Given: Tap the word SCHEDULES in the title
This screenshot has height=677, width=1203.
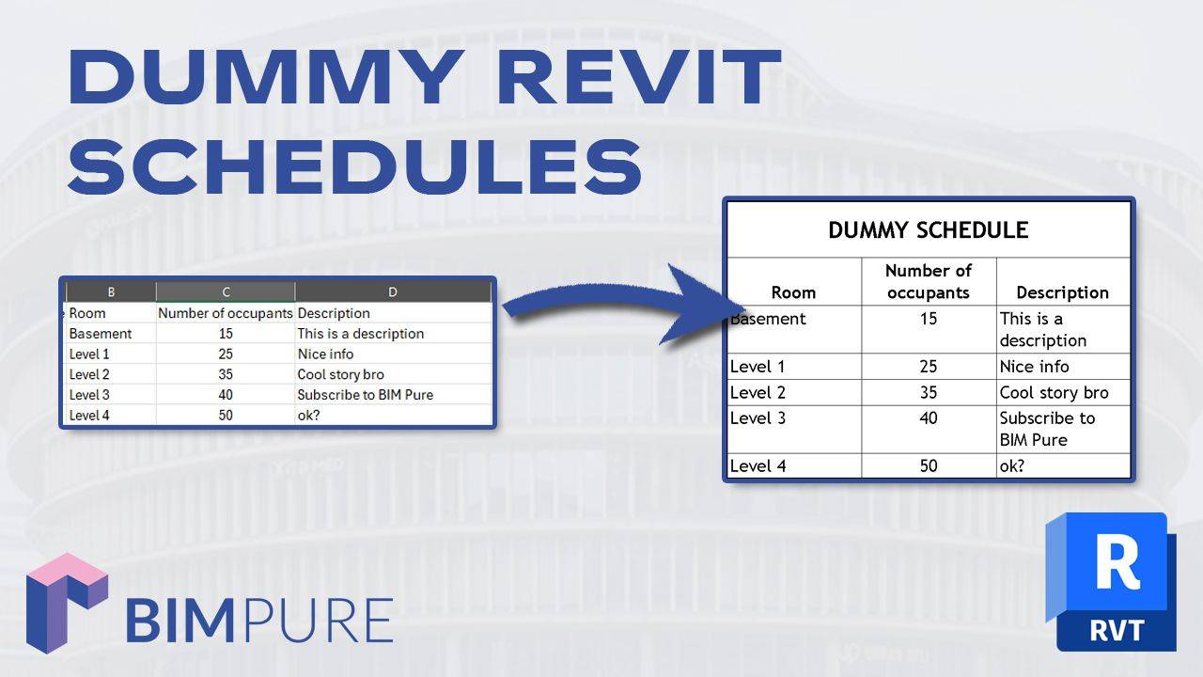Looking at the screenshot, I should tap(355, 165).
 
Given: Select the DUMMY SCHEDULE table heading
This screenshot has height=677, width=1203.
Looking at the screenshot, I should tap(928, 230).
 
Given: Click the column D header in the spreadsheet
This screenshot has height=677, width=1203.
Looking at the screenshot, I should tap(393, 292).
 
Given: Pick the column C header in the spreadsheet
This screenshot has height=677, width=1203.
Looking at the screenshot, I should tap(226, 292).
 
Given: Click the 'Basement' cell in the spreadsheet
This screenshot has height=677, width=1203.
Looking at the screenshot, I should tap(101, 334).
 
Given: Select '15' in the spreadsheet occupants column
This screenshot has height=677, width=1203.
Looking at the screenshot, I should tap(225, 334).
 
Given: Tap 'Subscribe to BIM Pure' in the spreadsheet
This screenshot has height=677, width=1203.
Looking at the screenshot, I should tap(365, 395).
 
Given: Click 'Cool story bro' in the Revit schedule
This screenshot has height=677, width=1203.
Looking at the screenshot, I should tap(1054, 393).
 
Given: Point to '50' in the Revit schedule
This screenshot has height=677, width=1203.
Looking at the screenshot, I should tap(929, 466).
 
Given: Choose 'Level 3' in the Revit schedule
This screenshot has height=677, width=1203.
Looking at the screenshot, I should tap(758, 418).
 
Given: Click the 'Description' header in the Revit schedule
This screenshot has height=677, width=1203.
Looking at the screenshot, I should tap(1062, 292).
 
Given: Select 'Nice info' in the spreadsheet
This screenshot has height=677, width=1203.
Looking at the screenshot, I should tap(325, 354).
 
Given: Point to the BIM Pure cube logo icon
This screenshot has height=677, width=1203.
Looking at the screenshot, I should tap(66, 603).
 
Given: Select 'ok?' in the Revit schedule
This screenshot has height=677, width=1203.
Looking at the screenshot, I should tap(1012, 466).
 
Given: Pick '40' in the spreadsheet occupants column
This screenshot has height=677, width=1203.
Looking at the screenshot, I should tap(225, 395).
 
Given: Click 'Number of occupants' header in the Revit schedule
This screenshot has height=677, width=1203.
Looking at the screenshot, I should tap(929, 281).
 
